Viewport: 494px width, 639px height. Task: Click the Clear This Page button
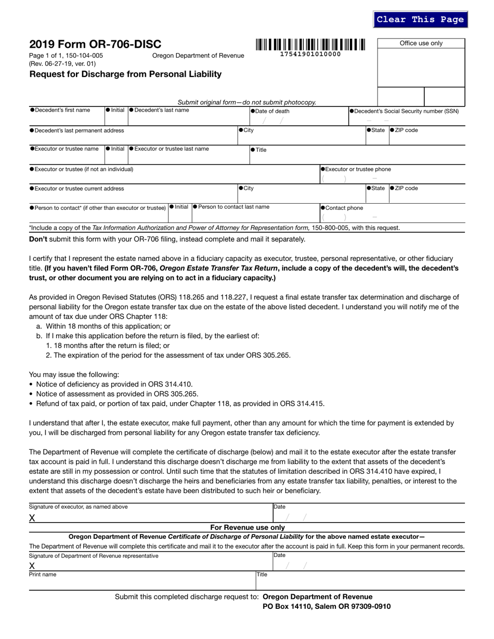[x=420, y=19]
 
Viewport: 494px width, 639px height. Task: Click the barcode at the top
[x=310, y=44]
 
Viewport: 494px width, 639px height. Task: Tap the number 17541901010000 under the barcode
[x=310, y=54]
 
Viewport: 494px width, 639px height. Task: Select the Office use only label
[x=421, y=43]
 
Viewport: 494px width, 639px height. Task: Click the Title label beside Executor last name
[x=260, y=150]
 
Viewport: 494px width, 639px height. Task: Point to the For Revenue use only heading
[x=247, y=527]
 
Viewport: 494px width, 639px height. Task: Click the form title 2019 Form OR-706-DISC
[x=95, y=44]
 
